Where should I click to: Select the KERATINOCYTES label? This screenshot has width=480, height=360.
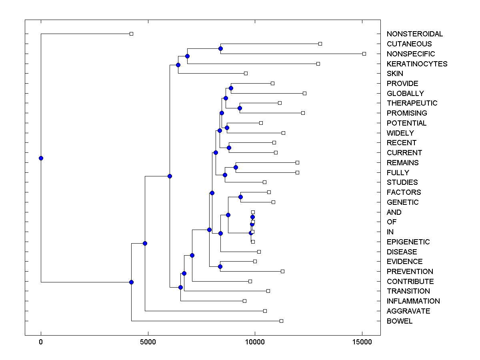pos(417,64)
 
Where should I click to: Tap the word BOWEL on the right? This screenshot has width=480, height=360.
pos(399,321)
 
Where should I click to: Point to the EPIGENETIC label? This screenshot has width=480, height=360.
pos(408,242)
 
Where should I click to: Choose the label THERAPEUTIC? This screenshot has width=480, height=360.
pos(412,103)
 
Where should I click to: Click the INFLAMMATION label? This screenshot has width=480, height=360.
pos(413,301)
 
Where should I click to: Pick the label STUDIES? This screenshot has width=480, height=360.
pos(402,182)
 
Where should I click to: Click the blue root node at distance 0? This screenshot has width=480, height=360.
pos(41,158)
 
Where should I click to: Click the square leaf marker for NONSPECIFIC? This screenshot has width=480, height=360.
pos(364,54)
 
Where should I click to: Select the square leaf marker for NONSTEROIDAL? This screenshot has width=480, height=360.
pos(131,34)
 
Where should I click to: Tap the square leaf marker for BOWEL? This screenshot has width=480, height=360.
pos(281,321)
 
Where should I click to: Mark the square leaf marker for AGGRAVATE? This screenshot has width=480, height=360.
pos(265,311)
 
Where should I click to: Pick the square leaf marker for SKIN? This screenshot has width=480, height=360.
pos(246,73)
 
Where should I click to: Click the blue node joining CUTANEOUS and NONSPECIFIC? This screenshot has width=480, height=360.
pos(220,48)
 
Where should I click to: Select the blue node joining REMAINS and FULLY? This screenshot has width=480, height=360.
pos(236,167)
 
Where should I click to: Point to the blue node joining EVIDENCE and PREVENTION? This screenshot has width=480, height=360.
pos(220,266)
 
